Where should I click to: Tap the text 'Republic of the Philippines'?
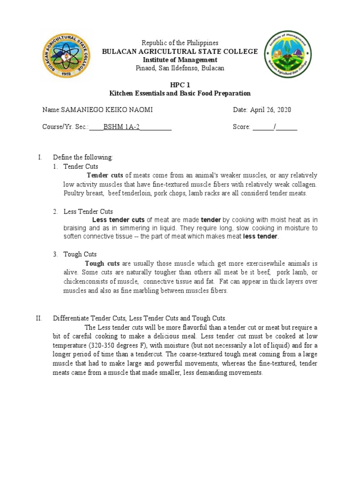tap(180, 43)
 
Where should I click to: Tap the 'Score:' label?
tap(242, 127)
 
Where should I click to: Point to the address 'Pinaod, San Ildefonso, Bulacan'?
tap(180, 68)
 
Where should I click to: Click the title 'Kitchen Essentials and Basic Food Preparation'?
tap(180, 93)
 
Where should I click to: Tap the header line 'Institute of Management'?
tap(180, 60)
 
